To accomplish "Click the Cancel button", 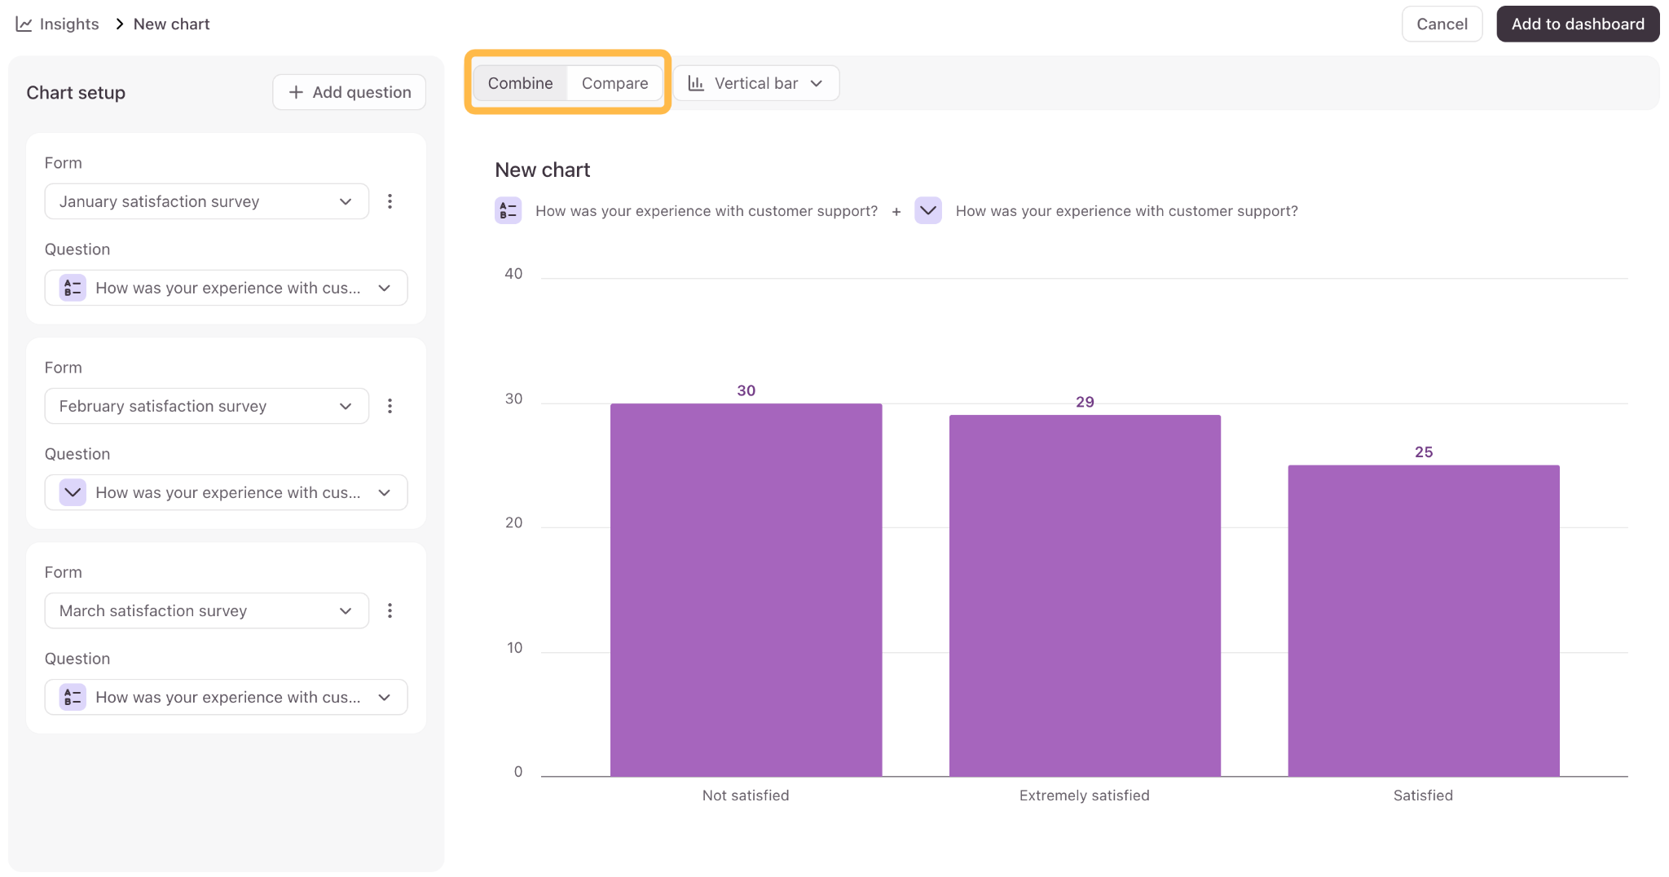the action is click(x=1442, y=24).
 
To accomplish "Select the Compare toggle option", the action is click(x=614, y=83).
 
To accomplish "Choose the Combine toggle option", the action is click(x=520, y=83).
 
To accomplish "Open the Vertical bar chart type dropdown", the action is click(x=755, y=83).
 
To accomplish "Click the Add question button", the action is click(x=349, y=92).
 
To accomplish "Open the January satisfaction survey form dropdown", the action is click(x=206, y=201).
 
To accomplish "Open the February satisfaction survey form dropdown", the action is click(x=206, y=406).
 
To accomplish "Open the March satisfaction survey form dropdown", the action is click(x=206, y=610).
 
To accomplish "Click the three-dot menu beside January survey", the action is click(x=390, y=201).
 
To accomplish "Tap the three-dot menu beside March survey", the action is click(x=390, y=610).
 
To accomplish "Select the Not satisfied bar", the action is click(x=746, y=590).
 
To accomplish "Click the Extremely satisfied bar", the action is click(x=1085, y=596).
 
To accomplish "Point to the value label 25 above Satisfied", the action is click(x=1424, y=452).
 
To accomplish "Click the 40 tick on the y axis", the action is click(x=513, y=274).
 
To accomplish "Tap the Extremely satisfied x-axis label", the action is click(x=1084, y=795).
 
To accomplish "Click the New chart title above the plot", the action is click(x=543, y=170).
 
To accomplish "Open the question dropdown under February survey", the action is click(x=226, y=492).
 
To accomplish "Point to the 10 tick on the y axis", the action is click(x=514, y=648).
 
